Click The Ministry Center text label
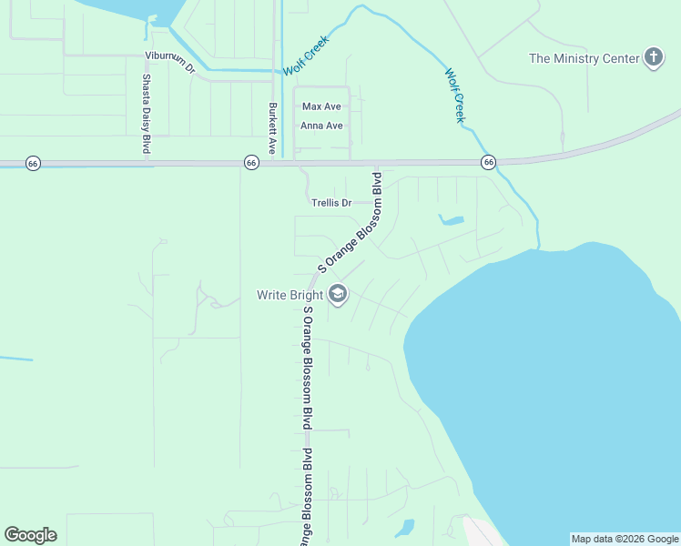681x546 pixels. point(584,58)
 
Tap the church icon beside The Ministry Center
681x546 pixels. point(653,58)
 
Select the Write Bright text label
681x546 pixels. point(289,295)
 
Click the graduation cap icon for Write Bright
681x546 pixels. point(338,295)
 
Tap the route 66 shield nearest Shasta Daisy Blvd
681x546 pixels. point(33,163)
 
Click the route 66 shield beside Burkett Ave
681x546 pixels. point(251,162)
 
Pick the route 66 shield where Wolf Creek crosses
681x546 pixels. point(489,162)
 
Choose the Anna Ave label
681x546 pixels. point(322,126)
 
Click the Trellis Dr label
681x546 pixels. point(331,203)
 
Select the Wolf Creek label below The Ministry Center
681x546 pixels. point(454,96)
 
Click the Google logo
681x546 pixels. point(30,535)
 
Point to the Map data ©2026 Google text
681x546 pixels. point(625,539)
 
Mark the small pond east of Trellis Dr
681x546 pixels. point(452,219)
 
